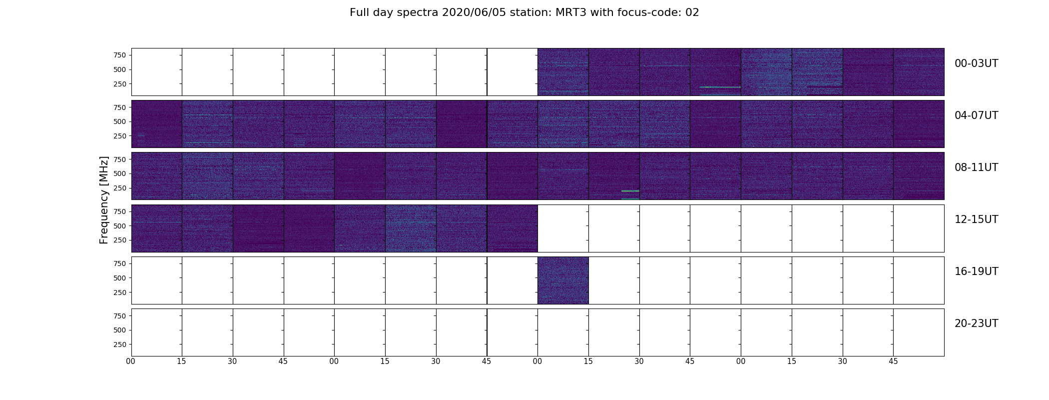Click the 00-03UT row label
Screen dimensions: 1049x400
coord(976,63)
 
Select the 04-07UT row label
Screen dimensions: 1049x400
coord(976,115)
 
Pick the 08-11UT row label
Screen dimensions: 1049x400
coord(976,167)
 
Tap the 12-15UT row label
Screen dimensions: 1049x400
coord(976,219)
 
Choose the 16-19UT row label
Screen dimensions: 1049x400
coord(976,271)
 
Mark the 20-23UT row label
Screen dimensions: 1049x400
coord(976,323)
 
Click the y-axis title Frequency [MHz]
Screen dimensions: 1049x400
coord(104,200)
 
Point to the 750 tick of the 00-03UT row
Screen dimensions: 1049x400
coord(120,55)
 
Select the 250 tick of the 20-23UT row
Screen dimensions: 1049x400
coord(120,344)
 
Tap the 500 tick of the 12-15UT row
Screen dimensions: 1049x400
coord(120,226)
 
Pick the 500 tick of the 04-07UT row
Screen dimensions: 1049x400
coord(120,121)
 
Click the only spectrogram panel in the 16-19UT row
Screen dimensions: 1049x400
coord(563,280)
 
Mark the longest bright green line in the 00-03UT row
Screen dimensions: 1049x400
coord(720,87)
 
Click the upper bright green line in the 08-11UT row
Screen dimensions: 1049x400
coord(630,191)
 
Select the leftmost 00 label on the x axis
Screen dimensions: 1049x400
coord(131,361)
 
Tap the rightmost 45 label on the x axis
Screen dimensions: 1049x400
coord(893,361)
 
